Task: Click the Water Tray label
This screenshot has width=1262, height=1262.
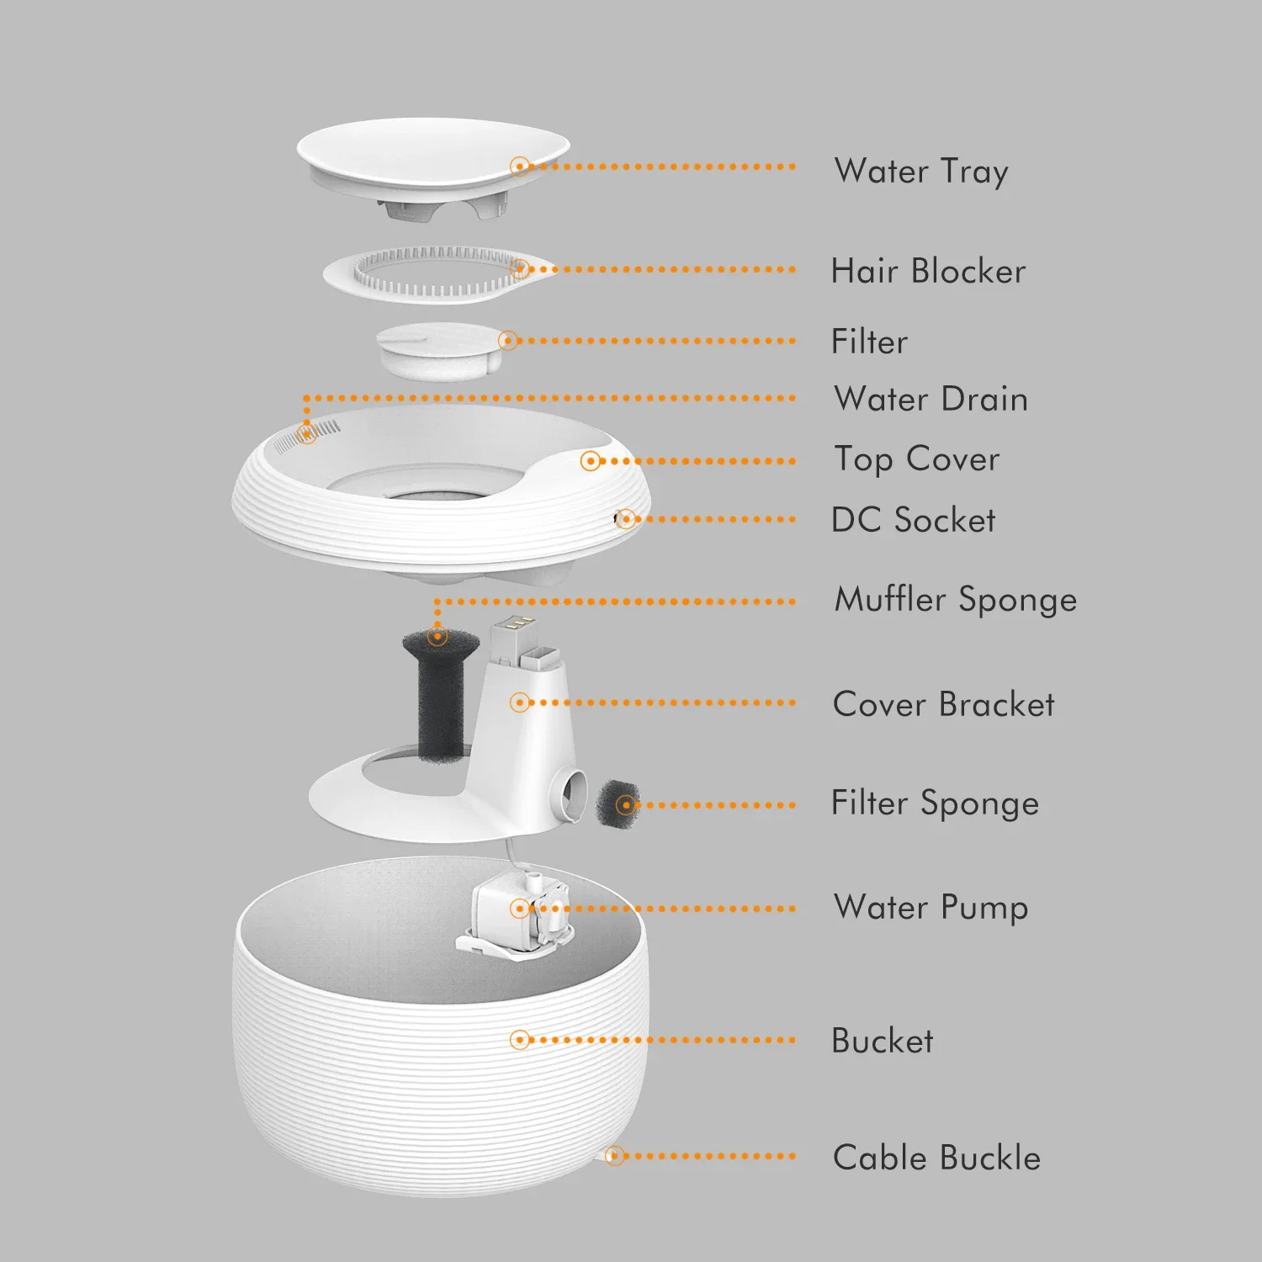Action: coord(921,172)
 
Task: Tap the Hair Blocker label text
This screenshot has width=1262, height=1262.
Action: coord(928,272)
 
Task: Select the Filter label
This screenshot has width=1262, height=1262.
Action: coord(869,342)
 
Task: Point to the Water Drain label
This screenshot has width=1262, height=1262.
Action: coord(931,399)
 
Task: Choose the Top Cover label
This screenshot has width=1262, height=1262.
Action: coord(916,460)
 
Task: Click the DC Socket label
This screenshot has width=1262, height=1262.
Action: coord(913,520)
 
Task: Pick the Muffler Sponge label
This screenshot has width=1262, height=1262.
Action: coord(955,600)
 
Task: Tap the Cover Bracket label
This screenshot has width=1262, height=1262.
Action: coord(943,704)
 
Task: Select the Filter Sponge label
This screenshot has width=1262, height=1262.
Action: coord(935,803)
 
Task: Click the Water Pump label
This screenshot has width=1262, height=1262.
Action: coord(931,908)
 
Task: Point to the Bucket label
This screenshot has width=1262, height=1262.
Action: coord(882,1042)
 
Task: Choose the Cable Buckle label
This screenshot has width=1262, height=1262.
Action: coord(936,1159)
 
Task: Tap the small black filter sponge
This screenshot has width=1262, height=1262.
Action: coord(618,804)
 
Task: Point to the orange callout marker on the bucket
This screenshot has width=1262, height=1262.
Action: coord(521,1040)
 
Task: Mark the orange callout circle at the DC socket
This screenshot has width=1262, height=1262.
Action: coord(625,519)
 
